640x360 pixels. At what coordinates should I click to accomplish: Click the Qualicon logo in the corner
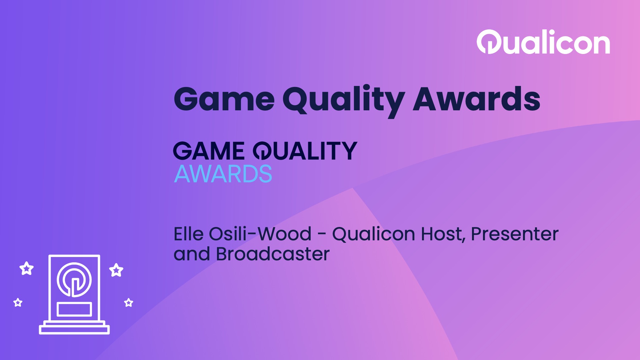[x=543, y=42]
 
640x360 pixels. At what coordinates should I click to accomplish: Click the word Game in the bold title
[x=224, y=99]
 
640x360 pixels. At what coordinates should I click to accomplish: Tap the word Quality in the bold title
[x=343, y=100]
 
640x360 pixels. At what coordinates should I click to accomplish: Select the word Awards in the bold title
[x=477, y=99]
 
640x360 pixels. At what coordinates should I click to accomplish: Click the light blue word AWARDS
[x=223, y=174]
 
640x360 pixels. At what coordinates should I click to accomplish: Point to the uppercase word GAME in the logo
[x=209, y=151]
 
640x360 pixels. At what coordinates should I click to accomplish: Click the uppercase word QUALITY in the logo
[x=305, y=151]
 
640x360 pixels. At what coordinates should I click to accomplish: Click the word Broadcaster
[x=273, y=254]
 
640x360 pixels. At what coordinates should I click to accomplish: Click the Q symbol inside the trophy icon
[x=74, y=279]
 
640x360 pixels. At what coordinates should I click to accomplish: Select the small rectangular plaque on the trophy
[x=74, y=309]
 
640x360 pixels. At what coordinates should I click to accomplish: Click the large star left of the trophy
[x=26, y=268]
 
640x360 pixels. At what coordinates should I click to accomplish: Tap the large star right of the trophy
[x=116, y=270]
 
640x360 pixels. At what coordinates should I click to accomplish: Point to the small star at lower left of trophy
[x=18, y=303]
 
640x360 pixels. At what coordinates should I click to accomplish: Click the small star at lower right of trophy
[x=129, y=303]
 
